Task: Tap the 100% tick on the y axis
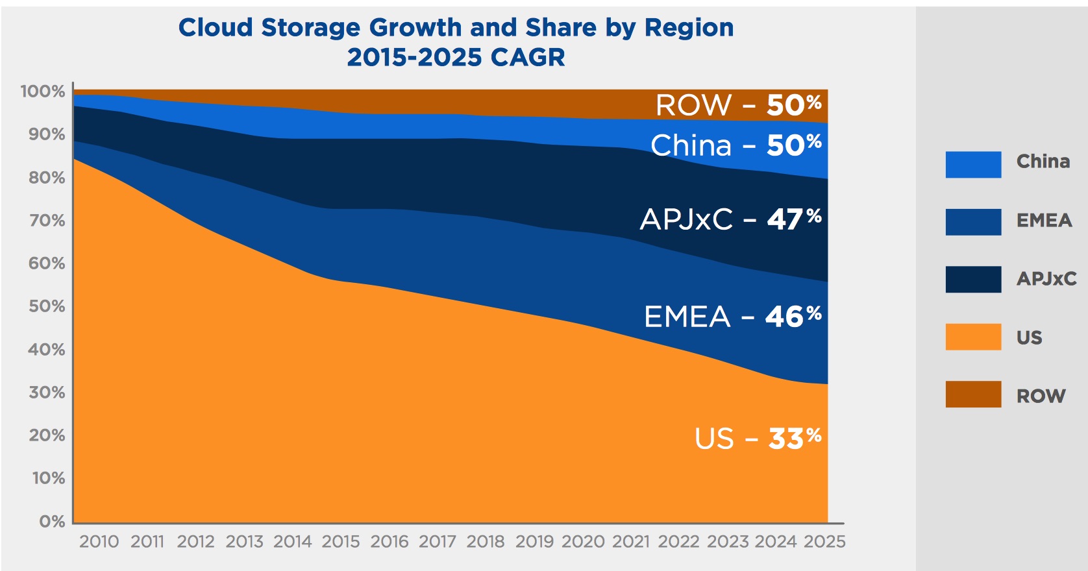(x=43, y=91)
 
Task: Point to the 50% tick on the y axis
(x=47, y=306)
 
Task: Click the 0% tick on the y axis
(x=52, y=522)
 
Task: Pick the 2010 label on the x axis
(x=99, y=542)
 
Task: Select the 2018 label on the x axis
(x=486, y=542)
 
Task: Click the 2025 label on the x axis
(x=824, y=542)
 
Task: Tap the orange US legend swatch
(x=972, y=337)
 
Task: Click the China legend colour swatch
(x=972, y=164)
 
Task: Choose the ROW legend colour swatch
(x=972, y=395)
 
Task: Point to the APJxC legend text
(x=1046, y=279)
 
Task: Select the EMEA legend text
(x=1044, y=221)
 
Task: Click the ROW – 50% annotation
(x=738, y=105)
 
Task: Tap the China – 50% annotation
(x=736, y=145)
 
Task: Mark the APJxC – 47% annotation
(x=730, y=219)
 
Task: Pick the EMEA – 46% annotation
(x=732, y=317)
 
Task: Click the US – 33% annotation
(x=758, y=439)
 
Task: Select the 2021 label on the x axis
(x=631, y=542)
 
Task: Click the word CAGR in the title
(x=527, y=58)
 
